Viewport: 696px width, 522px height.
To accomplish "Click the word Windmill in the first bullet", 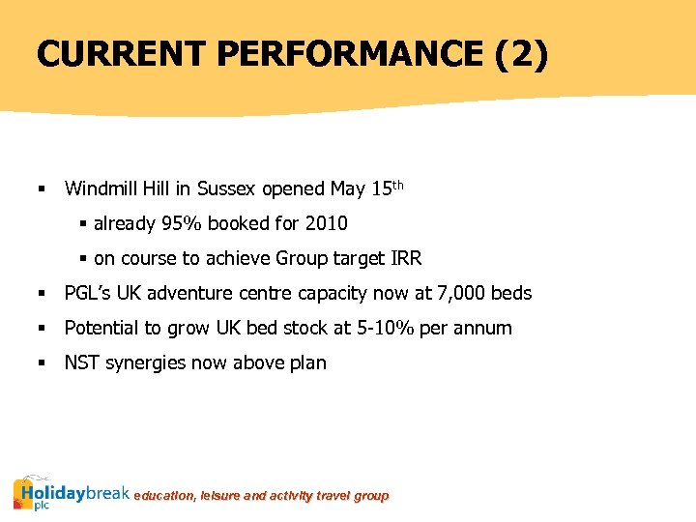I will point(101,188).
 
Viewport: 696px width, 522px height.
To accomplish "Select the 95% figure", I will point(181,223).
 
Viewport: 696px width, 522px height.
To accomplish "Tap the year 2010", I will point(326,223).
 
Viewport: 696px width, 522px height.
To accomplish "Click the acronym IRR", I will point(405,258).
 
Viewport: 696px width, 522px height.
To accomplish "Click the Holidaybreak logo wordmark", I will point(72,494).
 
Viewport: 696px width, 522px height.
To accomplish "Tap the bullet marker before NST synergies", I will point(42,363).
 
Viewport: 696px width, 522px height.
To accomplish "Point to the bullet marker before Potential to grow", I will point(42,329).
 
